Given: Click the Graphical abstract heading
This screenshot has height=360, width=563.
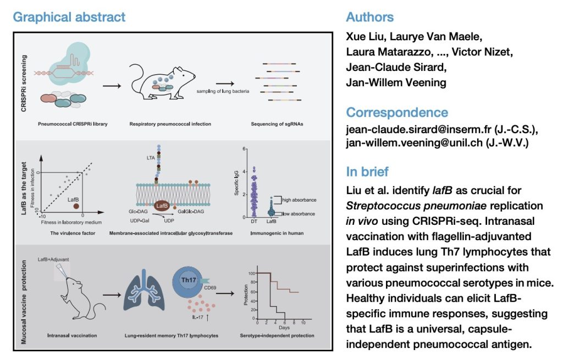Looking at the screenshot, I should point(69,16).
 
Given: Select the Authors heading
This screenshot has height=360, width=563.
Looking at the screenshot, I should point(369,16).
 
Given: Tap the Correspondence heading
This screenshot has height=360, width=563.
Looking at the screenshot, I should point(397,113).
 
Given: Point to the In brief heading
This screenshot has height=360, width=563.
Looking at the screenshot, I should point(367,171).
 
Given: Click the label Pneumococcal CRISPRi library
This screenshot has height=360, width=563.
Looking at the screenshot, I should point(72,124).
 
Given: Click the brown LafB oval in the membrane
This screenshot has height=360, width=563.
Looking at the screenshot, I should point(161,206).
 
